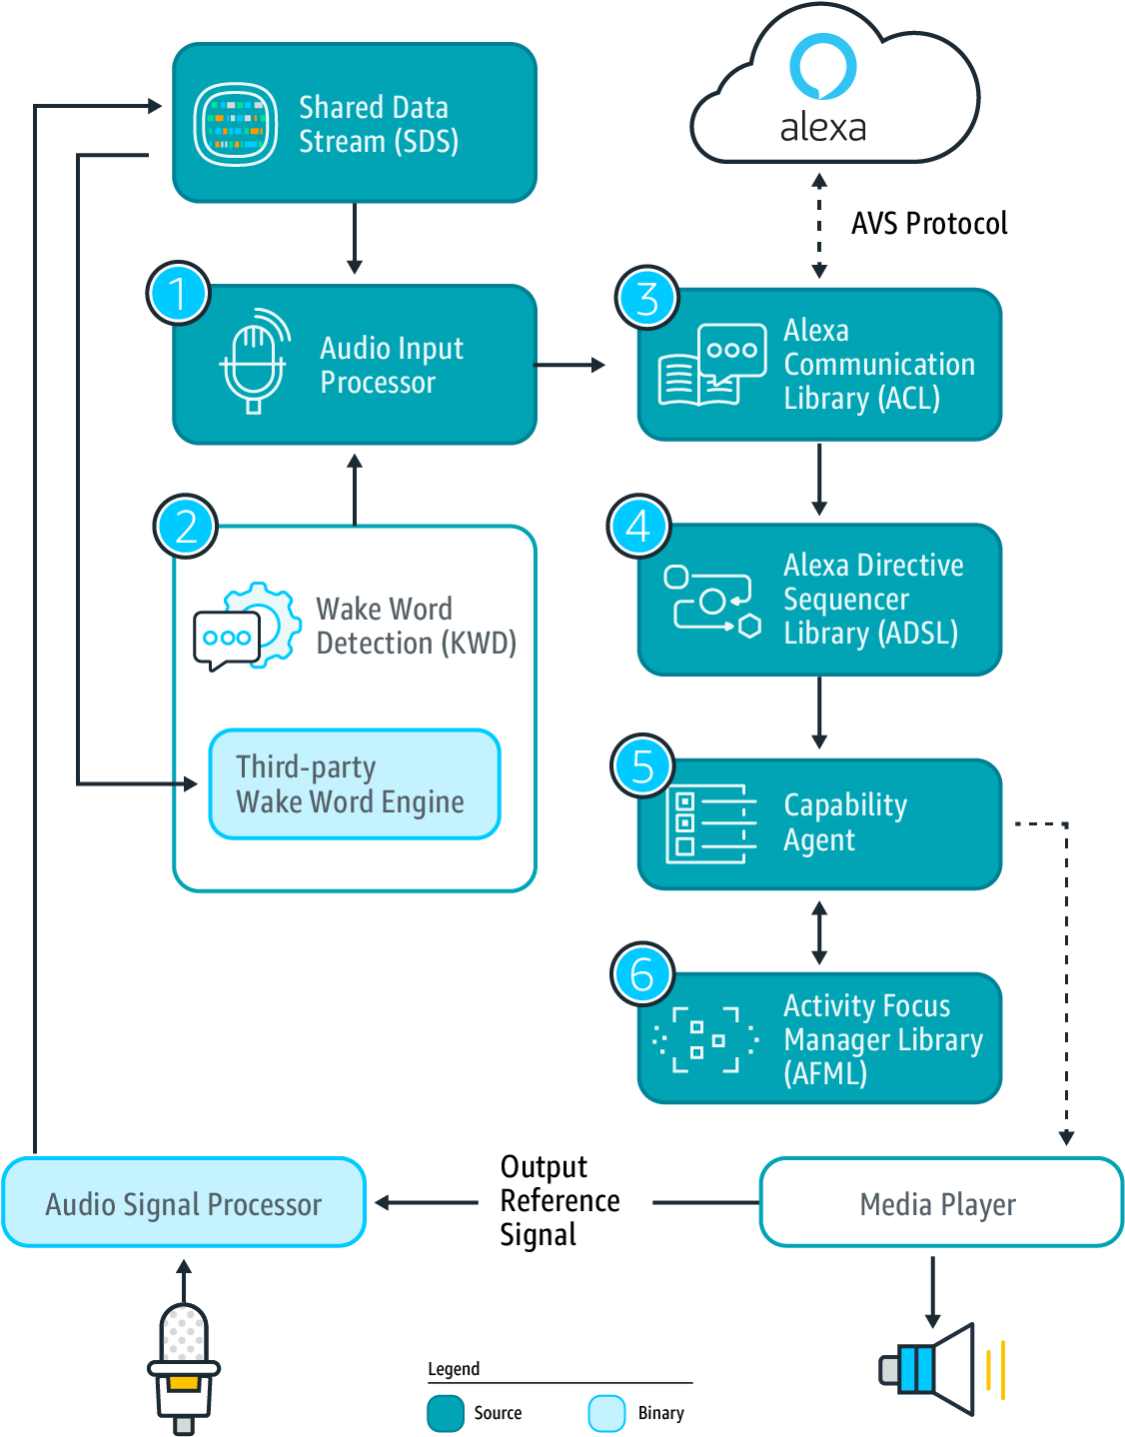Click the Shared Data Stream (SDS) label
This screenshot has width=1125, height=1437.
[x=378, y=124]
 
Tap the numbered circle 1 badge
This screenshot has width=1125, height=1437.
[x=178, y=294]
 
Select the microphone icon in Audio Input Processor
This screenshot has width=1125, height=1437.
[x=254, y=361]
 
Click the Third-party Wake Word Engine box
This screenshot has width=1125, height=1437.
[x=354, y=784]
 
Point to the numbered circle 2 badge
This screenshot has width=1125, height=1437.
[x=186, y=527]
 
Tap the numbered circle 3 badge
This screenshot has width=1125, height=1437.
[x=646, y=298]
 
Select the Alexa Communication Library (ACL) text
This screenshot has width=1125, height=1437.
[x=877, y=365]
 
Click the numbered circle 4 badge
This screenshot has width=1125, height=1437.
[x=638, y=527]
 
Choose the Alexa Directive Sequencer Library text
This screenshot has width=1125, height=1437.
[x=872, y=600]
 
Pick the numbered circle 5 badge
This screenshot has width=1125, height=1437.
[x=642, y=766]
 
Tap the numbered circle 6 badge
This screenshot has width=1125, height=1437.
[x=641, y=974]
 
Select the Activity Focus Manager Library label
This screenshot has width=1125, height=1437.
[x=882, y=1039]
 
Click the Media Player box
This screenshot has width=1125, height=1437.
[x=939, y=1203]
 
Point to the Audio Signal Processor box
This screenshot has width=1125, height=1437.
[x=184, y=1203]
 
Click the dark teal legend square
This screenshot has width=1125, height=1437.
[x=446, y=1413]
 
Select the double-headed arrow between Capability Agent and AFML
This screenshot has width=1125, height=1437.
[x=819, y=932]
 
